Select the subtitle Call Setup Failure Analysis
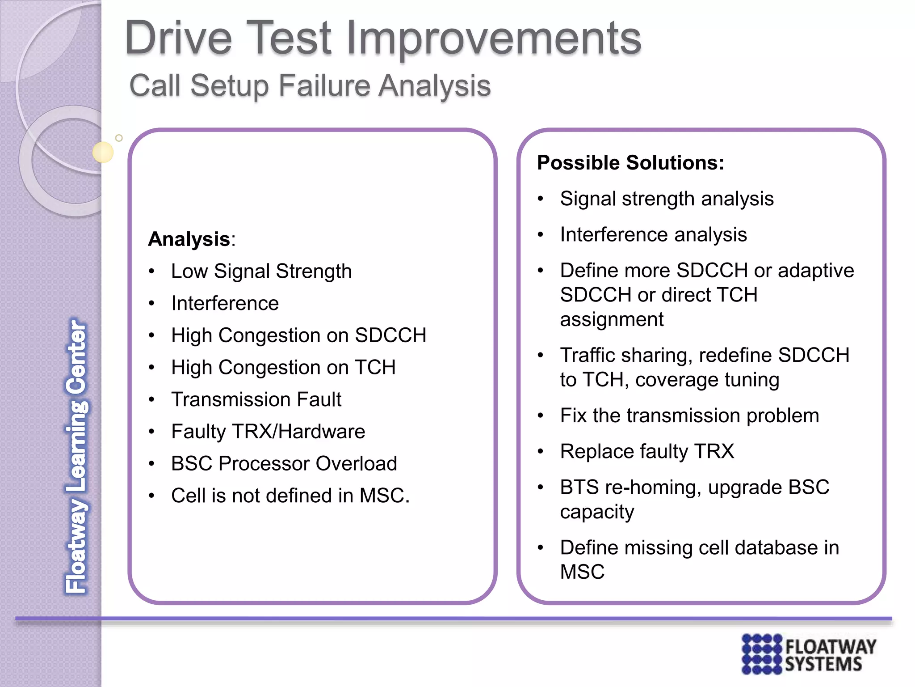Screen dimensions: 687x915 point(310,85)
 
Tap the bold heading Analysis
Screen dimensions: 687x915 point(189,239)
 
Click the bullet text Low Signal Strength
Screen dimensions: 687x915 point(261,271)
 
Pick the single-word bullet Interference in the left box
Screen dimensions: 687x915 point(225,303)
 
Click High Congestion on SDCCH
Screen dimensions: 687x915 point(298,335)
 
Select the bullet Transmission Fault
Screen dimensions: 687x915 point(256,399)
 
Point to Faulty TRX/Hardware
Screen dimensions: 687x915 point(268,432)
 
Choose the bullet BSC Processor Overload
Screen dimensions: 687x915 point(284,463)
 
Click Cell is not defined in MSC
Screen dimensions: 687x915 point(290,496)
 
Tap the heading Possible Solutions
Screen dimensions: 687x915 point(630,162)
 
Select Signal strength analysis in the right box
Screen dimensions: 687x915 point(667,199)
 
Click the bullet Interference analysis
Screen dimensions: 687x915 point(653,234)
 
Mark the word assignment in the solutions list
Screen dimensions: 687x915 point(612,319)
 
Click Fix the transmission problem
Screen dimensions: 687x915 point(689,416)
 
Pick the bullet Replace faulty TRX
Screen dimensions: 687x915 point(647,451)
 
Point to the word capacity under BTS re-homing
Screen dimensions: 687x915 point(597,512)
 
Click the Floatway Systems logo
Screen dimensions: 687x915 point(808,654)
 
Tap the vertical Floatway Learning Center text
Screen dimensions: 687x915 point(77,456)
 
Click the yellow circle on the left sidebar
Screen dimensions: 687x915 point(103,152)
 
